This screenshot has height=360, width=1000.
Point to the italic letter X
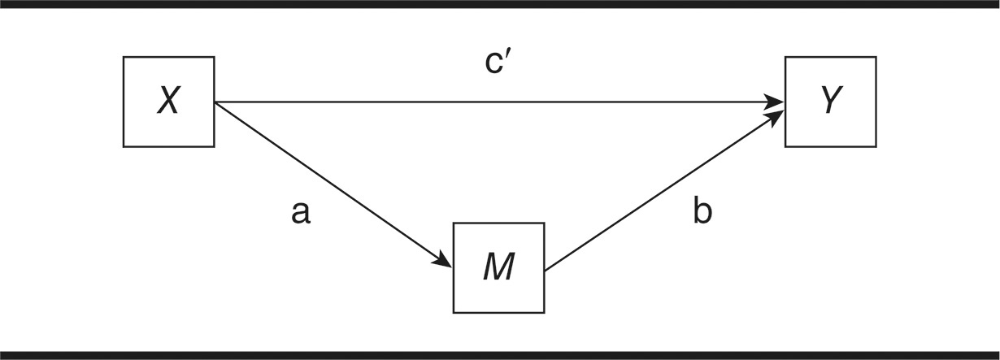[x=168, y=102]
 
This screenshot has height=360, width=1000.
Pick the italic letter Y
[x=830, y=102]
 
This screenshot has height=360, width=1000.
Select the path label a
[x=301, y=213]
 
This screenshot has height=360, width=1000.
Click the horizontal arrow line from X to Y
[x=488, y=102]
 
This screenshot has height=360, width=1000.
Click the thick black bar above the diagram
[x=500, y=4]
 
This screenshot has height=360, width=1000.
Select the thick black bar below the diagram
[x=500, y=355]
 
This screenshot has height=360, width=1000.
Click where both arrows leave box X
[x=215, y=102]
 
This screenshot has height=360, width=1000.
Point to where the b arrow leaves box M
[x=546, y=270]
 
